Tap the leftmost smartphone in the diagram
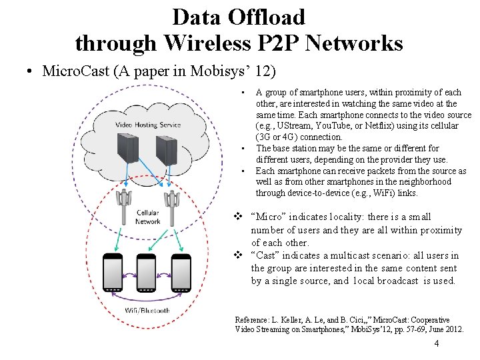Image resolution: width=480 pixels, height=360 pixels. point(113,275)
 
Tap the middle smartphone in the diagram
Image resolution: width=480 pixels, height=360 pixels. point(147,275)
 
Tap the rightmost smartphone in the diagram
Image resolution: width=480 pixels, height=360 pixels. point(181,275)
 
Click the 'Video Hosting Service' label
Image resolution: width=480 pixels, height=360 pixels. point(148,125)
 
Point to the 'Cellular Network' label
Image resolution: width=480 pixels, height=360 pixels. point(147,217)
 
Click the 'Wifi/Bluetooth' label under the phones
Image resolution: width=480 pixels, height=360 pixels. point(147,311)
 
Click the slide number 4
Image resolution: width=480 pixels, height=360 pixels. point(436,344)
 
